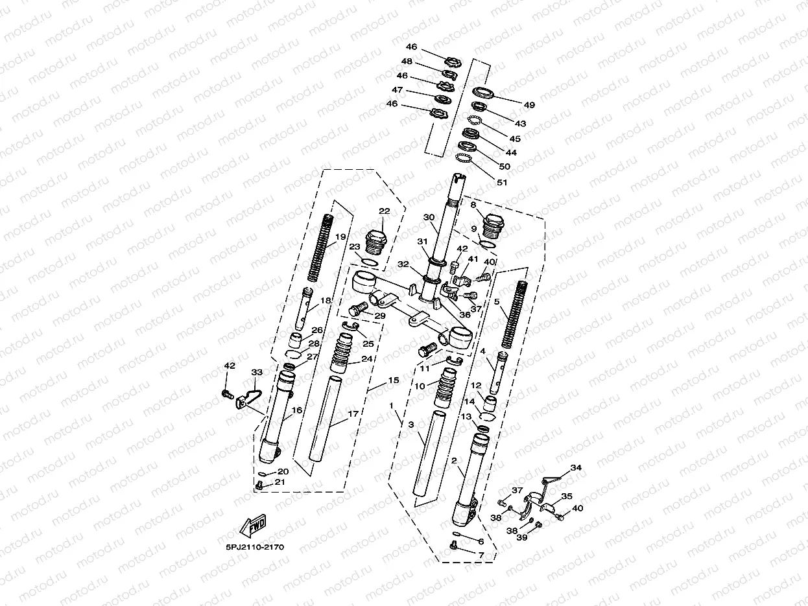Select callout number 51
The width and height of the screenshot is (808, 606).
point(502,182)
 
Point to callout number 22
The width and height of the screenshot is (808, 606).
point(384,211)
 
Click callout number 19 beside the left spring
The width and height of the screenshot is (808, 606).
point(340,237)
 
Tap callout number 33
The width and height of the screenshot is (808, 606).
point(257,373)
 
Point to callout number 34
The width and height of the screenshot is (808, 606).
point(576,468)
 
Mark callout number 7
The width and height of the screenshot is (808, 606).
point(481,555)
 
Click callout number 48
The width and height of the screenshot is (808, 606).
point(407,62)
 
